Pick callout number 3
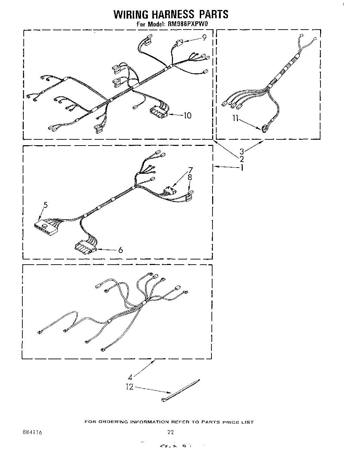[x=242, y=151]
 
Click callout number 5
[x=46, y=205]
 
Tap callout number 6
[x=120, y=250]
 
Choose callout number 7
[x=190, y=170]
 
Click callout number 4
[x=130, y=377]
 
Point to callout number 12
[x=129, y=387]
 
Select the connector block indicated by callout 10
[x=158, y=113]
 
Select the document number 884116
[x=31, y=432]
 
